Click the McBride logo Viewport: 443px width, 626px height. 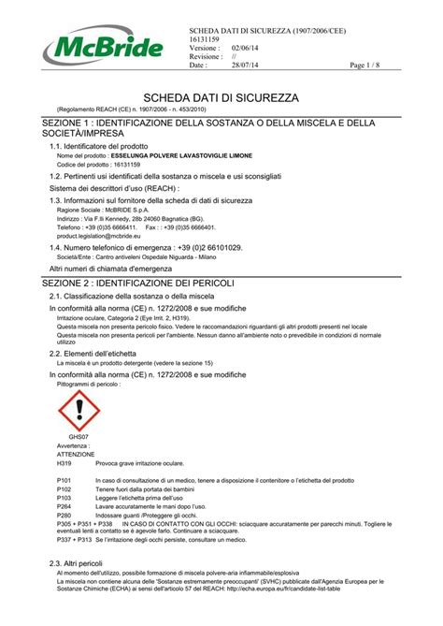[96, 44]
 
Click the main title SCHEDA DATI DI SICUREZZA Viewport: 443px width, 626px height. [221, 97]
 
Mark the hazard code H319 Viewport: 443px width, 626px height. [64, 463]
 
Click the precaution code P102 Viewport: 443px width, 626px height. [64, 489]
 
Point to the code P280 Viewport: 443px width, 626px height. [64, 516]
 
